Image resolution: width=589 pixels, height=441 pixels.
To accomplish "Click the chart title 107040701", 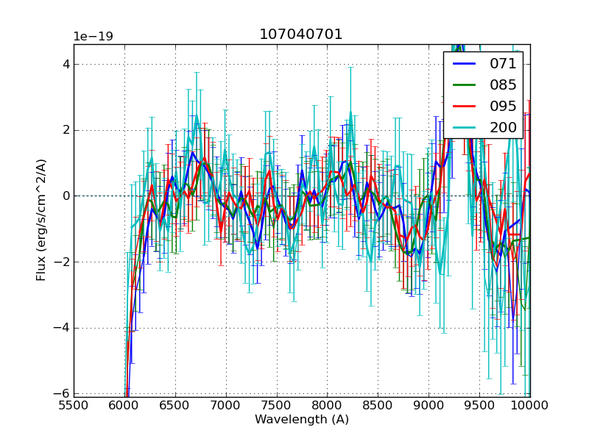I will (x=300, y=35).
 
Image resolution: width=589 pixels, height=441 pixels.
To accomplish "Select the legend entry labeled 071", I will (x=503, y=63).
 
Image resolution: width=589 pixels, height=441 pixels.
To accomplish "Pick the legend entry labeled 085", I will (x=503, y=85).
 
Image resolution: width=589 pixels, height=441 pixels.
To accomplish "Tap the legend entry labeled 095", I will (x=503, y=106).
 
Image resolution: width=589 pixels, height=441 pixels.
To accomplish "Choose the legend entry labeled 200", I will (x=503, y=127).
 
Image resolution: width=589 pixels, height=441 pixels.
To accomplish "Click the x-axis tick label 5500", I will (x=74, y=405).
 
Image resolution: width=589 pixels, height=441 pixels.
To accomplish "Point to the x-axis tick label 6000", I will (x=124, y=405).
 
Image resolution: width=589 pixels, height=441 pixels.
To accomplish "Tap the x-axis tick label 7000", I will (x=226, y=405).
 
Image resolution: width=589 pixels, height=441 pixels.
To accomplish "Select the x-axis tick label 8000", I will (x=327, y=405).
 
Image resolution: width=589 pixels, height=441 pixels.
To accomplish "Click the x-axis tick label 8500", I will (x=378, y=405).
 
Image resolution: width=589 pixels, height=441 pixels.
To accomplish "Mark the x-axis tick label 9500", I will (x=479, y=405).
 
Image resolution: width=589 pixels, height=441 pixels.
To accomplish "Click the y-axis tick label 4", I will (x=66, y=64).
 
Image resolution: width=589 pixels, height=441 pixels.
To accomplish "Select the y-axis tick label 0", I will (x=66, y=196).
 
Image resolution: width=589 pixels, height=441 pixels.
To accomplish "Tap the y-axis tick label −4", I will (x=63, y=328).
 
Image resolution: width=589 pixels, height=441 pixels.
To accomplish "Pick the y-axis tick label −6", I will (x=63, y=394).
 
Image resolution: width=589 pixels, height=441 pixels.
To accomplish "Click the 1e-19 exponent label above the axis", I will (x=93, y=37).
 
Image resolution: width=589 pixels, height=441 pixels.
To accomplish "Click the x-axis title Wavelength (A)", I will (x=302, y=420).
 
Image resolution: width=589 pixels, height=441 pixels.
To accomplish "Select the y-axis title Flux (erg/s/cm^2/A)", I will (x=42, y=220).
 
